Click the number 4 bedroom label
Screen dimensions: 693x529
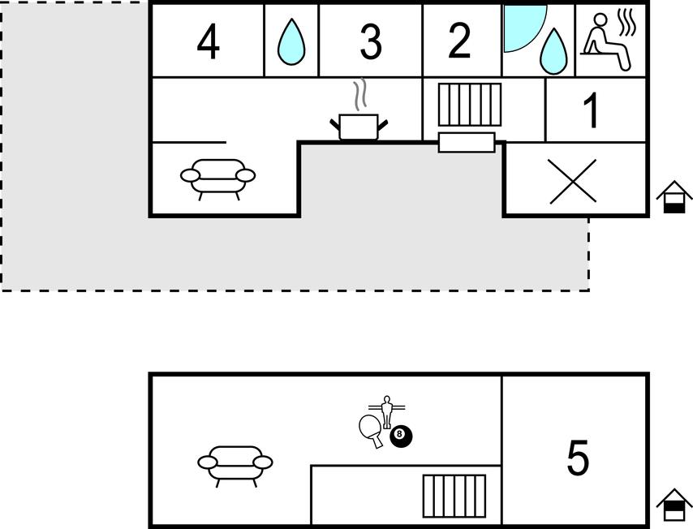pos(209,41)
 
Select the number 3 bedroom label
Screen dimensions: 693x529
pos(371,41)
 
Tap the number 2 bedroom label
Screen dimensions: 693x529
pos(459,41)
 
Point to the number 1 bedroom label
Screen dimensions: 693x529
pos(591,110)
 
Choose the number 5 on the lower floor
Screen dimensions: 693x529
pos(578,458)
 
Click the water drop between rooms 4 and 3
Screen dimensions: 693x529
pos(291,41)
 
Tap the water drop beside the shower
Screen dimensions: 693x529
pos(553,51)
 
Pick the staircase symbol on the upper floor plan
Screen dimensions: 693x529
pos(469,105)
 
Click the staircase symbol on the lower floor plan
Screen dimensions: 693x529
pos(454,496)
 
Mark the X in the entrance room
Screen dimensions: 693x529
pos(573,181)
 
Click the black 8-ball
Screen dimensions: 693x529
pos(400,436)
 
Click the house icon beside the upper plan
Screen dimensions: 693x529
pos(674,197)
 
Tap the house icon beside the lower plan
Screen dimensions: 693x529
pos(674,505)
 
